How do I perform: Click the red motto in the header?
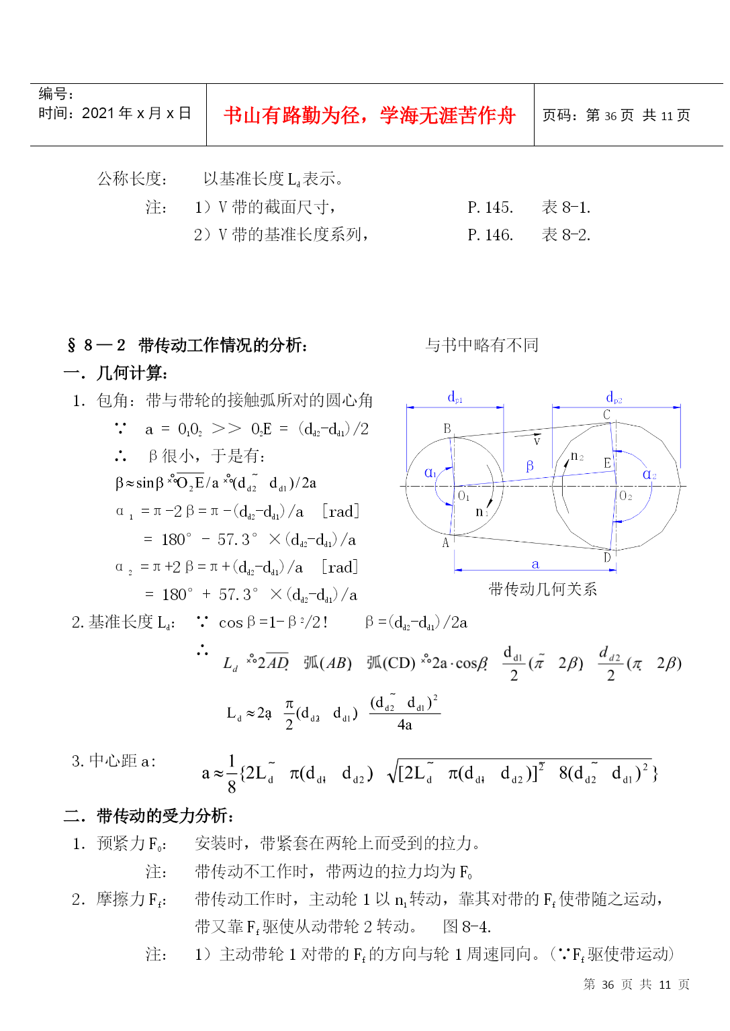point(369,115)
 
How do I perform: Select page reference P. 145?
point(490,207)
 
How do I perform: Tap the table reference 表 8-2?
point(566,235)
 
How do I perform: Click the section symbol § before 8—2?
point(72,346)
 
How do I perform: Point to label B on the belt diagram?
point(447,428)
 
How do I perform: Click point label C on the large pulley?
point(606,415)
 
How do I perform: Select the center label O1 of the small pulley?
point(463,496)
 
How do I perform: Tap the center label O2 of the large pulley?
point(625,496)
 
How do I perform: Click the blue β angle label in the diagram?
point(530,466)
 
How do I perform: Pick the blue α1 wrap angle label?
point(430,473)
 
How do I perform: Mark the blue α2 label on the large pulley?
point(649,475)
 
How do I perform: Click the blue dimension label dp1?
point(455,397)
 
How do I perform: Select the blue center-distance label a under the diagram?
point(535,564)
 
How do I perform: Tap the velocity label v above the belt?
point(537,441)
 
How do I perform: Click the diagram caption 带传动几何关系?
point(543,589)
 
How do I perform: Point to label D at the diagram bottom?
point(607,557)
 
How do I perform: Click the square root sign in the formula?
point(393,774)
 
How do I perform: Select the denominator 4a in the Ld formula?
point(404,725)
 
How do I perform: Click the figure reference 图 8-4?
point(467,927)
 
